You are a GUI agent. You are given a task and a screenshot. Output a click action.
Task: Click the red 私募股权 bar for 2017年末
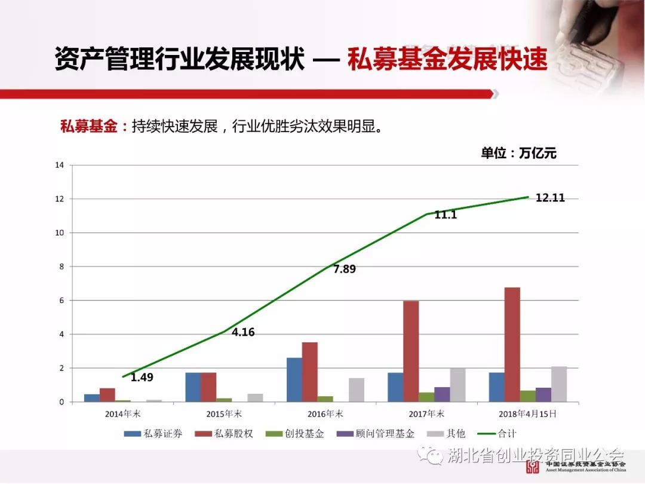tap(411, 351)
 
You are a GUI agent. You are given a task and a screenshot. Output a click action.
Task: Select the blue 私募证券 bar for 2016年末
tap(294, 380)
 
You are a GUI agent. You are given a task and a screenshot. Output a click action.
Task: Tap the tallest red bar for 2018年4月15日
tap(512, 345)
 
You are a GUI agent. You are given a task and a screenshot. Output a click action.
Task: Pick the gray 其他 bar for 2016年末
tap(356, 390)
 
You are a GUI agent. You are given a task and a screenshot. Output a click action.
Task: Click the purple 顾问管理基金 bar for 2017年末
tap(443, 394)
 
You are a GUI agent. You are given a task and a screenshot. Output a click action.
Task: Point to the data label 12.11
tap(550, 198)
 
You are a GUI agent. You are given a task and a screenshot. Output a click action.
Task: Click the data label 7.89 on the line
tap(345, 269)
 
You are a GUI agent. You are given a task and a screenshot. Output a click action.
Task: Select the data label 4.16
tap(243, 332)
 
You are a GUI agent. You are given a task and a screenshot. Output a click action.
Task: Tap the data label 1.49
tap(142, 377)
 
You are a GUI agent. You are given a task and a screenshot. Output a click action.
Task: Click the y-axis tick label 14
tap(59, 165)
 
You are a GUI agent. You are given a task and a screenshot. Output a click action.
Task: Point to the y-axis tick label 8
tap(61, 266)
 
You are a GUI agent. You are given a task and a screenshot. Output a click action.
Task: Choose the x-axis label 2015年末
tap(224, 413)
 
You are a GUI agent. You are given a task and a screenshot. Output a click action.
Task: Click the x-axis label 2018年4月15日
tap(527, 413)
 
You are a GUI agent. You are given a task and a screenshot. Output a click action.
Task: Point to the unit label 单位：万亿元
tap(518, 153)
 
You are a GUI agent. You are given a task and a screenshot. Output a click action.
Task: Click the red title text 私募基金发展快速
tap(447, 60)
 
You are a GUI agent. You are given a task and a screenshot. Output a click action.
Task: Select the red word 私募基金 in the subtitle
tap(89, 127)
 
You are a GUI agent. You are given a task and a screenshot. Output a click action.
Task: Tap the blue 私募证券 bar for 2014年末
tap(92, 398)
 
